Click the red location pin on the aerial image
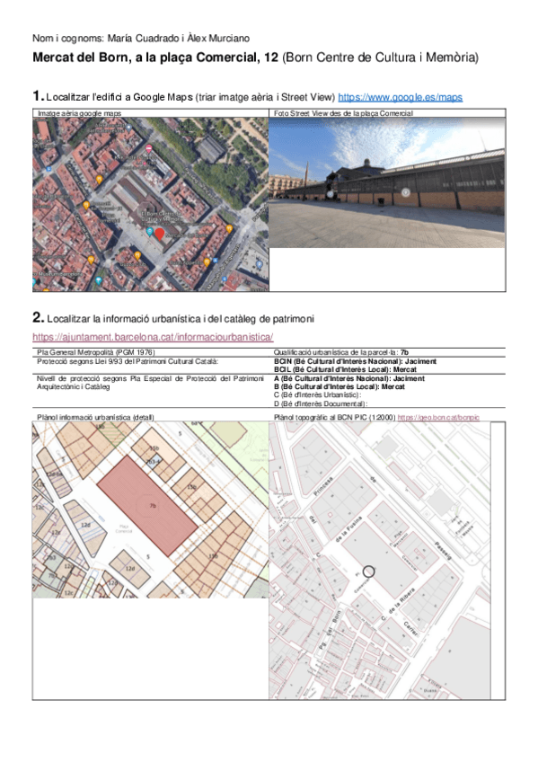pyautogui.click(x=160, y=234)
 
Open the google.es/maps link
pyautogui.click(x=400, y=96)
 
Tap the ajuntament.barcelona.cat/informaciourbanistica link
pyautogui.click(x=153, y=336)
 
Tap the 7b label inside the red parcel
pyautogui.click(x=153, y=507)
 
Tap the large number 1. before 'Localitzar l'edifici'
pyautogui.click(x=38, y=95)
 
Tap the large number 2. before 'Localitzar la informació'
pyautogui.click(x=38, y=317)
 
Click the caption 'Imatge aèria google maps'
pyautogui.click(x=79, y=113)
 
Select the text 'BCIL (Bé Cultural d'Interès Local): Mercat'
pyautogui.click(x=345, y=369)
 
